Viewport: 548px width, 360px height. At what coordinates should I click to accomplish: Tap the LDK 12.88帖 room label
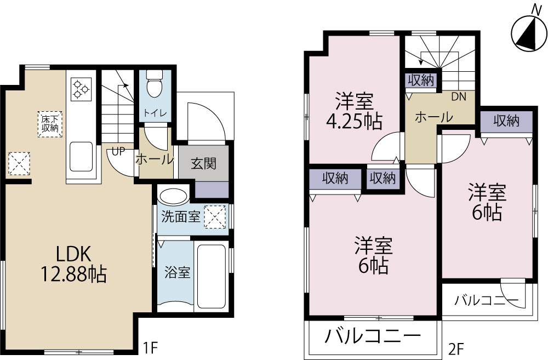click(71, 262)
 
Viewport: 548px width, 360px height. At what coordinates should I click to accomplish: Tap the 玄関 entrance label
click(203, 163)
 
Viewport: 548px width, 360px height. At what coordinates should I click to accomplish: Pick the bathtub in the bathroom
click(212, 277)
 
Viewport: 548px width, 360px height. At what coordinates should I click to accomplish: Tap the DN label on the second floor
click(458, 97)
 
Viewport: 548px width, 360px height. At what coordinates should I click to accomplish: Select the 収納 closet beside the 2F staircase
click(421, 81)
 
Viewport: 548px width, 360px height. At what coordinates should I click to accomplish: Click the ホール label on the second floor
click(433, 117)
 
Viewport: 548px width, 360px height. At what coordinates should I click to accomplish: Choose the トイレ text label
click(153, 113)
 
